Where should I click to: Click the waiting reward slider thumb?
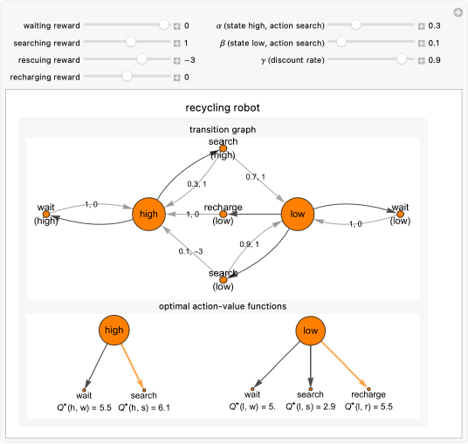pos(164,25)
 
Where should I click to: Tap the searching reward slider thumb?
pos(131,42)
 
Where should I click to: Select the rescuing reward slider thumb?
pos(142,59)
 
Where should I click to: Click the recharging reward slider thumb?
pos(127,77)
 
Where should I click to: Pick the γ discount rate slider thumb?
pos(401,59)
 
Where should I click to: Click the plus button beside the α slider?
pos(421,26)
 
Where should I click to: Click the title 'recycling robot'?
pos(223,108)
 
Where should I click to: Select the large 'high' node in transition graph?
pos(149,214)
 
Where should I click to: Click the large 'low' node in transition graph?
pos(298,214)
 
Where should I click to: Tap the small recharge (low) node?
pos(224,214)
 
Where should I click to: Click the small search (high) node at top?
pos(224,149)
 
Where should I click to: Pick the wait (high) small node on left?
pos(46,214)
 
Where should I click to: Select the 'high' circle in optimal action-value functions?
pos(114,331)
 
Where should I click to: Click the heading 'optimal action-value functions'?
pos(223,305)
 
